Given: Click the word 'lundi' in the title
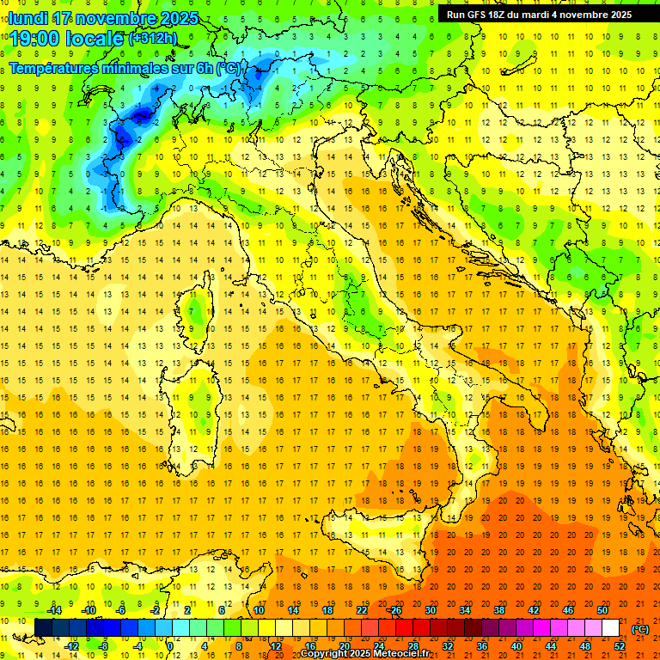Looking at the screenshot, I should (x=27, y=18).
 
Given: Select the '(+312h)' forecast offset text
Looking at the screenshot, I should (x=153, y=39).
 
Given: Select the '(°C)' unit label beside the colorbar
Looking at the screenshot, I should (x=640, y=629).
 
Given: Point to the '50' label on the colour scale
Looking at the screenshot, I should (x=602, y=610).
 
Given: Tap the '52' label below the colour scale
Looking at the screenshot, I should (x=619, y=646).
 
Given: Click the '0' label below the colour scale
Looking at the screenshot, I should (x=169, y=646).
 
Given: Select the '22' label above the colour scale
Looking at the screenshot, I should (x=361, y=610).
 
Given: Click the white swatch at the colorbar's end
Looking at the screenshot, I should (x=610, y=628).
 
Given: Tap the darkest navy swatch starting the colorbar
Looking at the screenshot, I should (x=43, y=628).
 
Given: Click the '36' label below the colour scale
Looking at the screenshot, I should (x=481, y=646).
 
